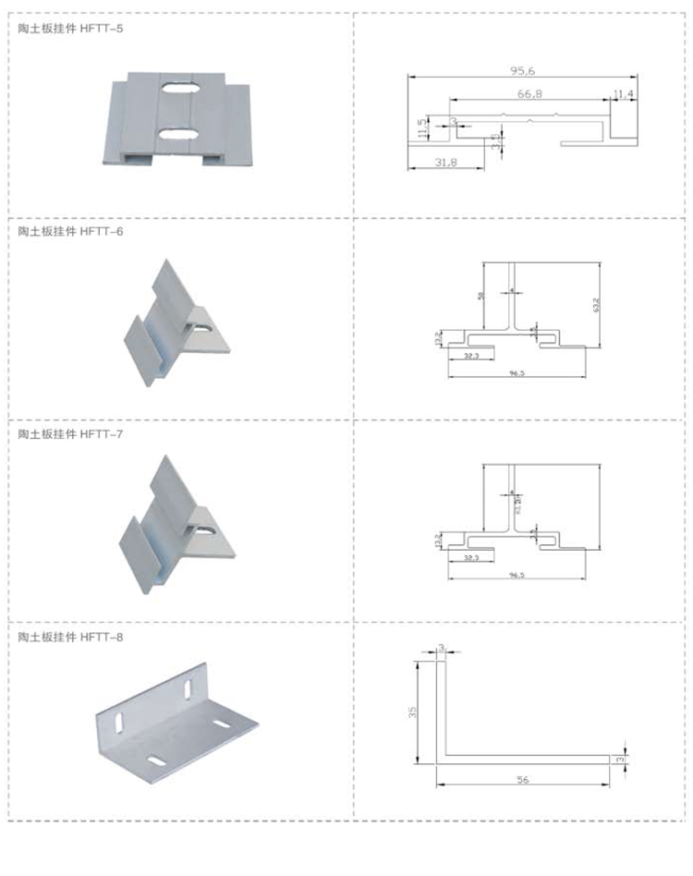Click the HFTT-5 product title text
[70, 29]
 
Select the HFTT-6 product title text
[70, 231]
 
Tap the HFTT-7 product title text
[70, 434]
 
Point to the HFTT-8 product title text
[70, 638]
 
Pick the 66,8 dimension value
[529, 93]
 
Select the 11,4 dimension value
[623, 93]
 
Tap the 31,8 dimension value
[445, 161]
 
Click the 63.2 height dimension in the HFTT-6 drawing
[597, 303]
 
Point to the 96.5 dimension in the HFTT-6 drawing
[516, 372]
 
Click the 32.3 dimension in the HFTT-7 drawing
[471, 558]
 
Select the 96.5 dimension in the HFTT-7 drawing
[516, 575]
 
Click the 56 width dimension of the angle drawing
[523, 780]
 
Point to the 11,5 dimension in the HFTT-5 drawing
[422, 128]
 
